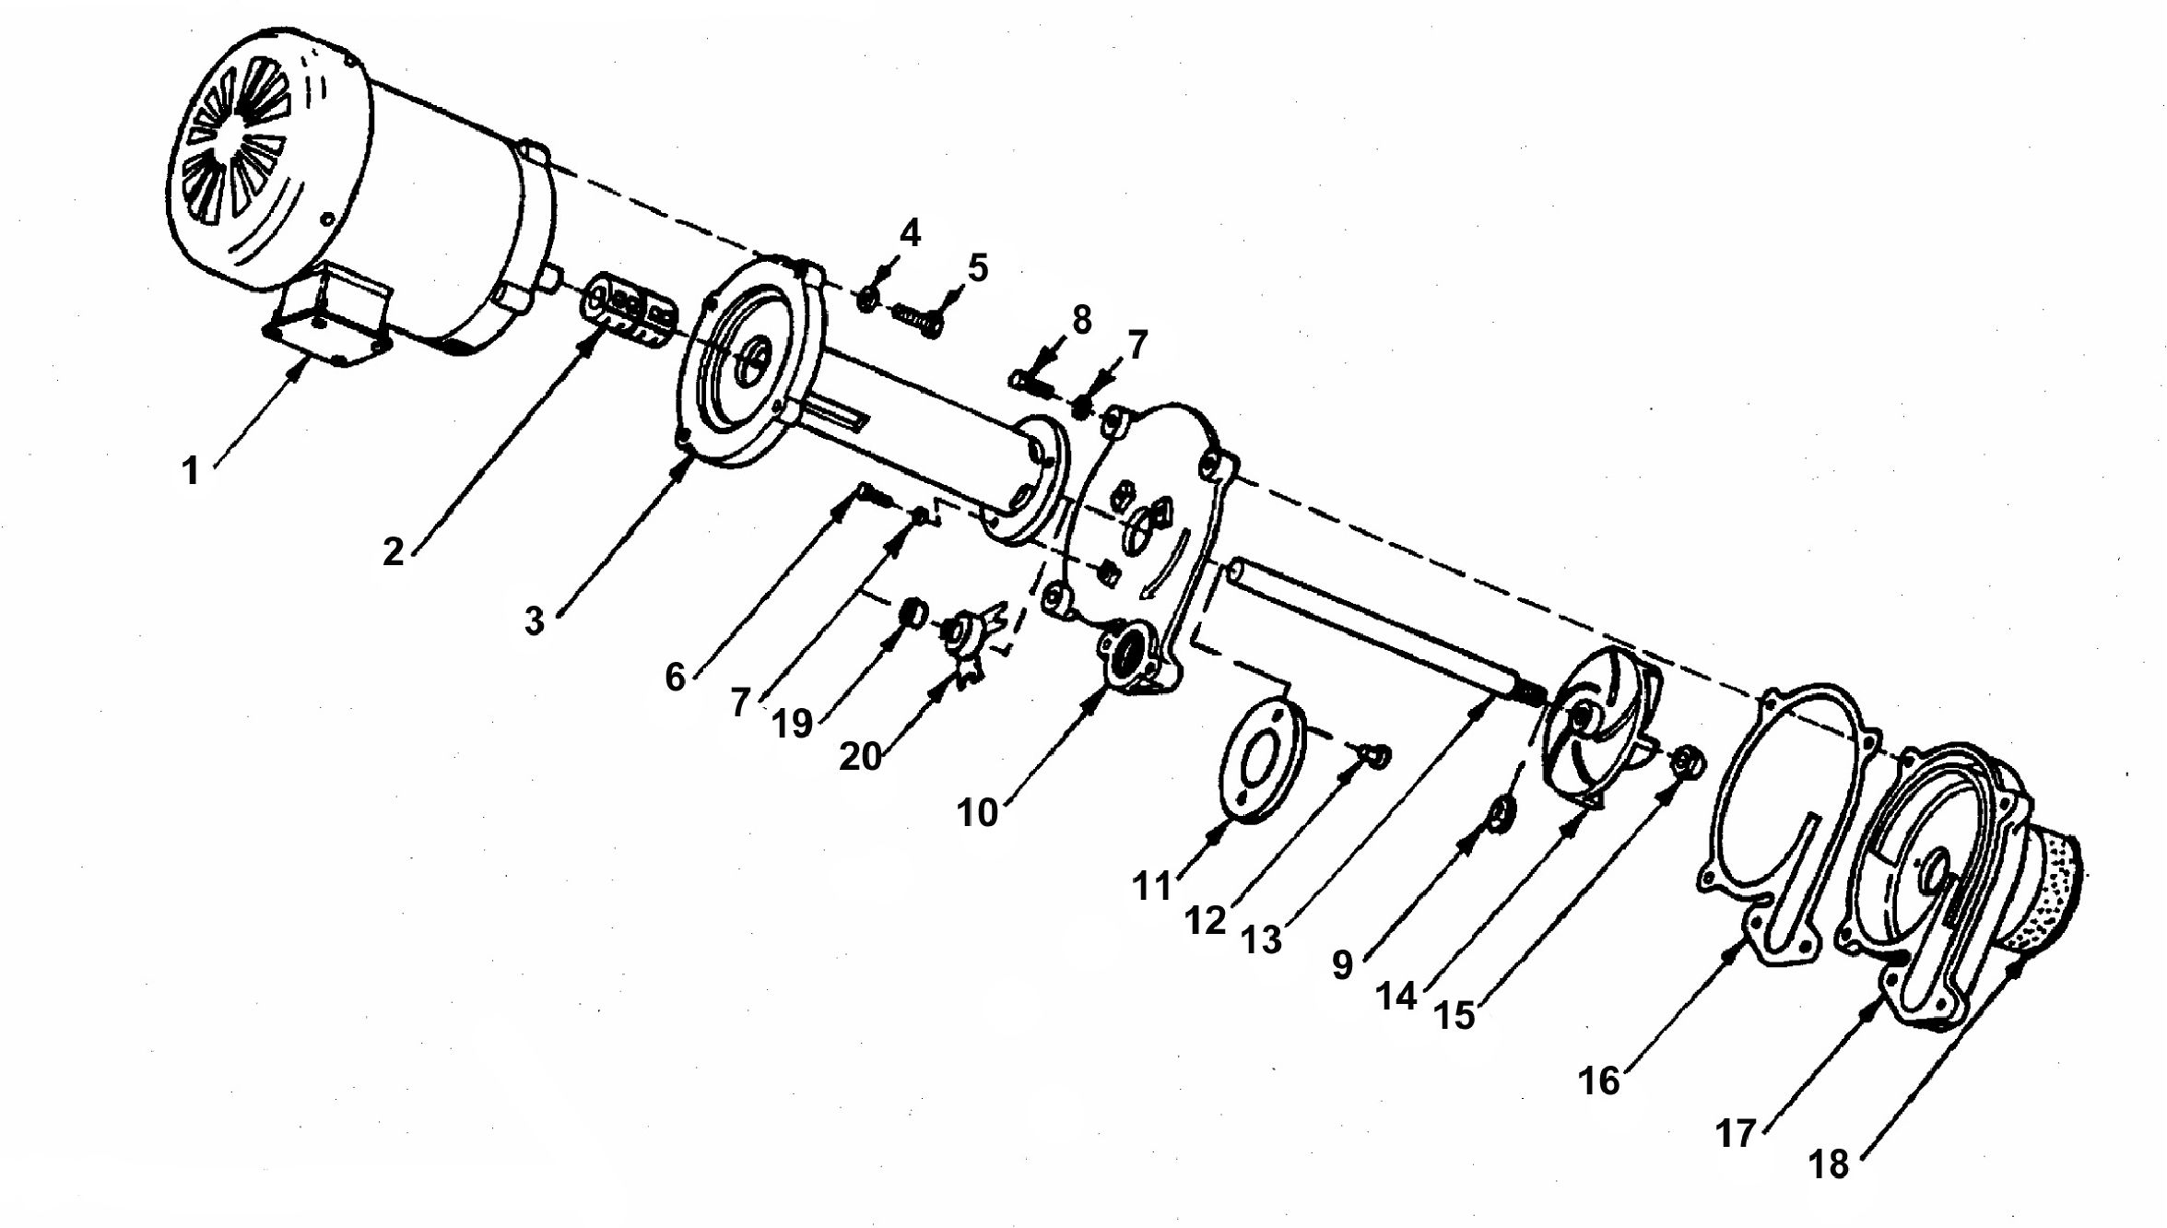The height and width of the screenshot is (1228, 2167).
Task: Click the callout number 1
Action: point(190,471)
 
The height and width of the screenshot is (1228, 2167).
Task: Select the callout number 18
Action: point(1829,1164)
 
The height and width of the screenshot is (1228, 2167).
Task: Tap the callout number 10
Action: point(977,813)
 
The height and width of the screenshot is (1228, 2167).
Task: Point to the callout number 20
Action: point(860,757)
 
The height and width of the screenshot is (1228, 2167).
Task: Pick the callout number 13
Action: point(1261,940)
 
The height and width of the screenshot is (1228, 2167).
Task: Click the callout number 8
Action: point(1082,320)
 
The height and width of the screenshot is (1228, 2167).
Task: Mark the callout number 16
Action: point(1598,1080)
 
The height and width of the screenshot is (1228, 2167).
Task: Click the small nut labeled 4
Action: point(867,300)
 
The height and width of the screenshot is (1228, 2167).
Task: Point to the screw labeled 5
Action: point(918,320)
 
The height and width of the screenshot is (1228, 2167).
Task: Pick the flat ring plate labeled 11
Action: point(1262,759)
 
